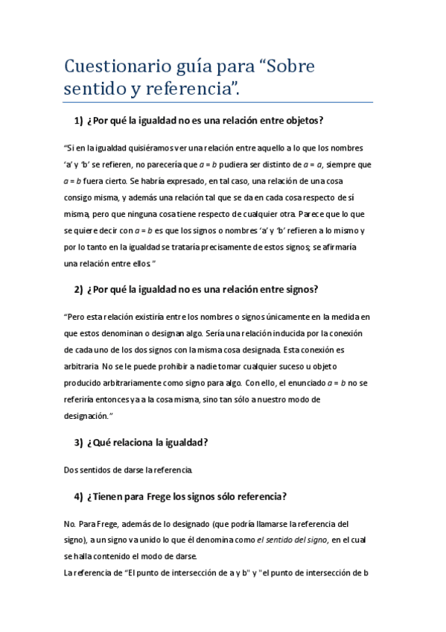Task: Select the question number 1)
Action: pos(80,121)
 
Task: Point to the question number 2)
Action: pos(80,289)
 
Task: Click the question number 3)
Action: pos(80,442)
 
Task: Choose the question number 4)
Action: pos(80,496)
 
